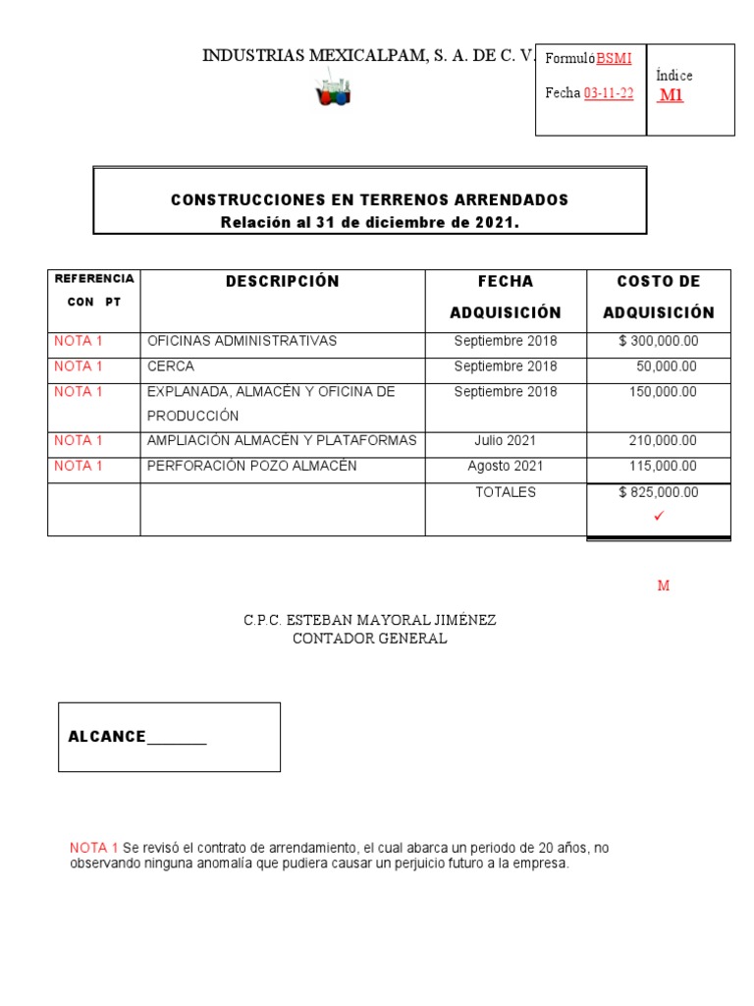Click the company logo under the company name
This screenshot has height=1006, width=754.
(x=332, y=92)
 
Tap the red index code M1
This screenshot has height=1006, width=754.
(x=671, y=95)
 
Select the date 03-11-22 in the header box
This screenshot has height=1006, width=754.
(x=609, y=93)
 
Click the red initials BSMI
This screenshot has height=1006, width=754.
(x=614, y=59)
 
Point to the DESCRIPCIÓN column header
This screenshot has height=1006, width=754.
(x=282, y=282)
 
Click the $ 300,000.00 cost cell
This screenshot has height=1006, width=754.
(x=658, y=341)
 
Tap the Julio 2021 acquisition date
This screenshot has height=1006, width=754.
(x=505, y=440)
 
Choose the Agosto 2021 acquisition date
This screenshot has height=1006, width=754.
(x=505, y=466)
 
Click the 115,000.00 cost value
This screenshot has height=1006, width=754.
(x=663, y=466)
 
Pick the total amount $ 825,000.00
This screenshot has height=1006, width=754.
(x=658, y=492)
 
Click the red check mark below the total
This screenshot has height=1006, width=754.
(x=659, y=516)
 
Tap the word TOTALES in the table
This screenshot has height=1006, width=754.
(x=505, y=492)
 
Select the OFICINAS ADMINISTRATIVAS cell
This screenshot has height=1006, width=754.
(x=242, y=341)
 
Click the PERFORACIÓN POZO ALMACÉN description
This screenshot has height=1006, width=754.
(x=251, y=466)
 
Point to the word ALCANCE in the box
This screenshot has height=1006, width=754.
(x=106, y=737)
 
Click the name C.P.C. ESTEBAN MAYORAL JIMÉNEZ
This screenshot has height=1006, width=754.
(x=370, y=621)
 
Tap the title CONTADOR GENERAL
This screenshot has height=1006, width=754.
(x=370, y=639)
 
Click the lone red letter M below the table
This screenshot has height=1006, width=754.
(x=663, y=587)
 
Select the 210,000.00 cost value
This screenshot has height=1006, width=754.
(x=663, y=440)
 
